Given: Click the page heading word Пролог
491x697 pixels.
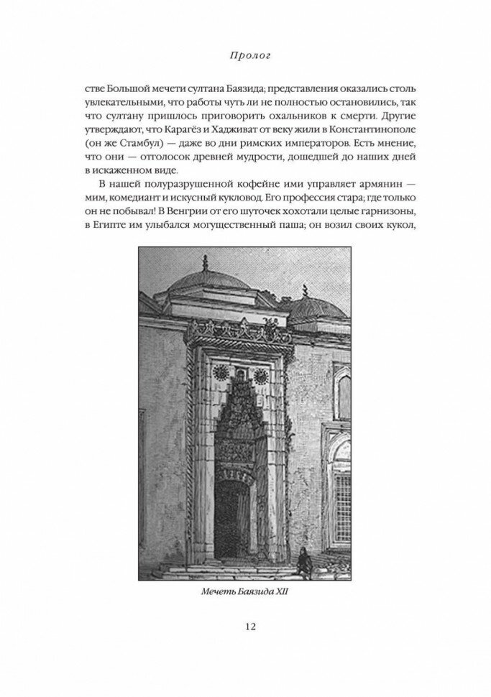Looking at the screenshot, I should pos(246,54).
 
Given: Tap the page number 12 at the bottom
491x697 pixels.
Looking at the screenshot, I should pos(246,626).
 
